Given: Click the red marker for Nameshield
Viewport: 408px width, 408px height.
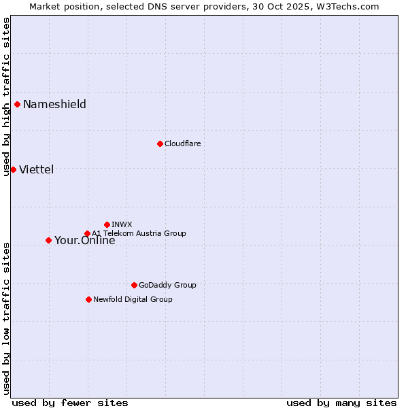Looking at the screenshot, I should coord(17,104).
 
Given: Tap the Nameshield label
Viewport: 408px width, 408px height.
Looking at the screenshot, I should coord(54,104).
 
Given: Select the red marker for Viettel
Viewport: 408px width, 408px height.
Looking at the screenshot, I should coord(13,169).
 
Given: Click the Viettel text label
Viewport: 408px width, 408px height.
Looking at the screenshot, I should coord(36,169).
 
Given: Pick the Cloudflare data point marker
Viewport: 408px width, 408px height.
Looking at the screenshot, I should coord(160,143).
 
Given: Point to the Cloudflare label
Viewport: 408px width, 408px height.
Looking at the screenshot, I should coord(182,143).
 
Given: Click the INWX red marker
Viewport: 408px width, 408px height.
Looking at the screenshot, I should coord(107,224).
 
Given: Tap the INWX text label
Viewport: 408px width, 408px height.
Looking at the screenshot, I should coord(122,224).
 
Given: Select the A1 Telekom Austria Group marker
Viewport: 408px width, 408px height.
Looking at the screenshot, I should coord(87,233).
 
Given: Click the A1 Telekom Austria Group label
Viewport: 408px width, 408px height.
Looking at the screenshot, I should coord(139,233).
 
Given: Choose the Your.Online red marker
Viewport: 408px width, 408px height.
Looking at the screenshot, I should coord(48,240).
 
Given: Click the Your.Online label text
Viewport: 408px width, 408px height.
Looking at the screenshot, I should coord(84,241).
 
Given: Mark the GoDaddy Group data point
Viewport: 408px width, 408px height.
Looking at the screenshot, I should coord(134,285).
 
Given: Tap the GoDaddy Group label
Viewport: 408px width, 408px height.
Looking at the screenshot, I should coord(167,285).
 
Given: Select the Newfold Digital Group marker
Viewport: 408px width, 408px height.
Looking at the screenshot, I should coord(88,299).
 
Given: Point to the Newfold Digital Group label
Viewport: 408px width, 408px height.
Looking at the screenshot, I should coord(133,299).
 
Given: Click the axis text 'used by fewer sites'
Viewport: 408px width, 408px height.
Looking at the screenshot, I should coord(70,403).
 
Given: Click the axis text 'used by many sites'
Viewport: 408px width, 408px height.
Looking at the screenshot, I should coord(341,403).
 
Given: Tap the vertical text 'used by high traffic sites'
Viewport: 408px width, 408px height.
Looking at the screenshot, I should coord(6,97).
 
